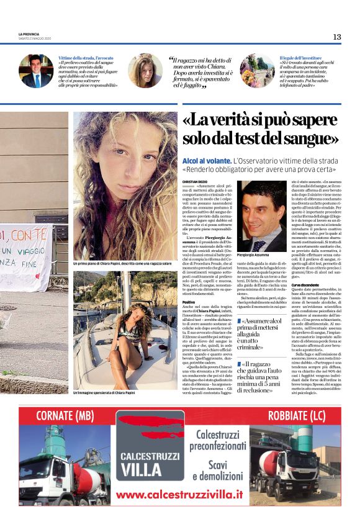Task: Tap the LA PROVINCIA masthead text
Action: (x=29, y=34)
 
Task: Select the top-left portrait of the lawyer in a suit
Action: (x=36, y=70)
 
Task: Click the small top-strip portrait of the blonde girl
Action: (x=145, y=70)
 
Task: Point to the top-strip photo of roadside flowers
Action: (x=256, y=70)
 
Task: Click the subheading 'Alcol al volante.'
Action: (x=207, y=160)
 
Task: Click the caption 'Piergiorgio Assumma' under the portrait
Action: (x=255, y=256)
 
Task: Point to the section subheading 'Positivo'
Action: (x=189, y=302)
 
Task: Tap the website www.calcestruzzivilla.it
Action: (x=179, y=494)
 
